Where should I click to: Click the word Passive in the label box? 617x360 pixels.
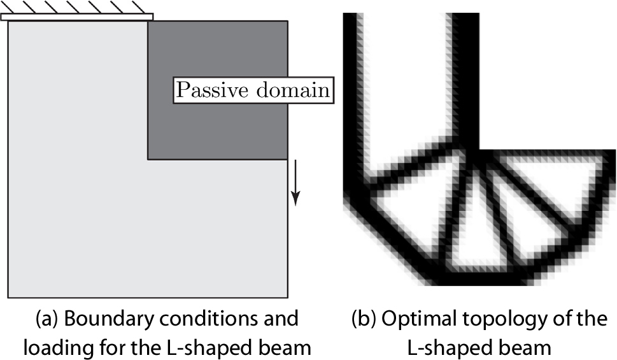208,90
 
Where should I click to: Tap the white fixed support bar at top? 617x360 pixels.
77,17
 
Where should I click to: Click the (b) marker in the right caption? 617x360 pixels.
364,318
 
